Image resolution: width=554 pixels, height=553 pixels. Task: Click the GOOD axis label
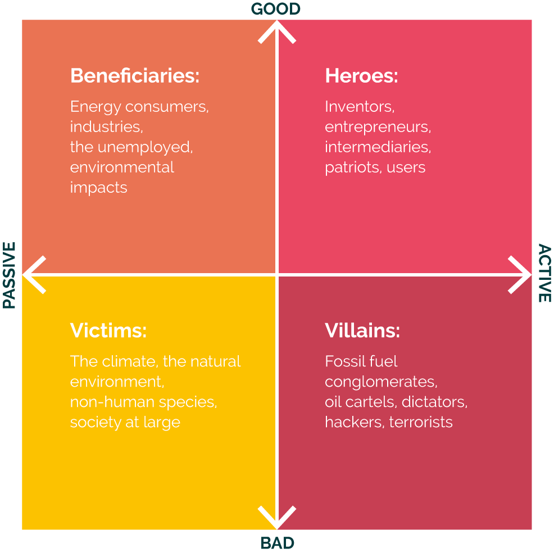coord(275,9)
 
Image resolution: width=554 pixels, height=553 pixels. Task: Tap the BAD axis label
coord(278,543)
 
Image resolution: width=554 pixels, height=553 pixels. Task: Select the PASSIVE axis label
coord(9,275)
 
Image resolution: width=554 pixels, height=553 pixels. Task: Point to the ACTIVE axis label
coord(544,273)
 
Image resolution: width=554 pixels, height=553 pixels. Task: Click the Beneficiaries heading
coord(135,76)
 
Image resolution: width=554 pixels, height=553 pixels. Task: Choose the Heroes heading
coord(361,76)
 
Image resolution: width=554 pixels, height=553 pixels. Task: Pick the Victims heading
coord(108,330)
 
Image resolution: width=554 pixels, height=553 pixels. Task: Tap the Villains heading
coord(362,330)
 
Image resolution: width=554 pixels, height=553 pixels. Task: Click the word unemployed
coord(145,147)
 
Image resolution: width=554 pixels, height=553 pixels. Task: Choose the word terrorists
coord(421,422)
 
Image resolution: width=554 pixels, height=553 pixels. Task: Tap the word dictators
coord(434,402)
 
